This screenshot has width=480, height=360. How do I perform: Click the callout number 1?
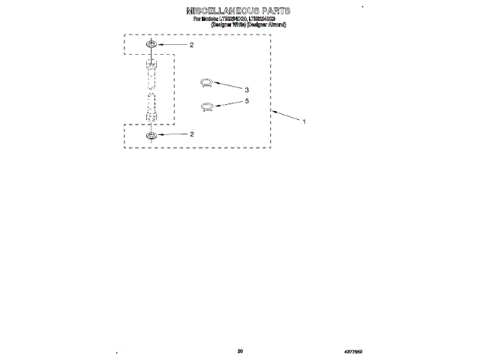(x=304, y=121)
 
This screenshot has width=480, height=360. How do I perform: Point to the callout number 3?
(x=246, y=90)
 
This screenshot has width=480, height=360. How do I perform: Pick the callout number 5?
(x=246, y=100)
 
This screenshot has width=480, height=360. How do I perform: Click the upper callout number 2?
(x=191, y=45)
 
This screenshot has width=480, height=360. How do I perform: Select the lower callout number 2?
(x=192, y=134)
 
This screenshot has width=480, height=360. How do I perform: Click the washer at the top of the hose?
(x=151, y=45)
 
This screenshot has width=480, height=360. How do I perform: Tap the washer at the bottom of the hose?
(x=151, y=135)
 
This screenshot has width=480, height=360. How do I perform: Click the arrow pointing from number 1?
(x=286, y=115)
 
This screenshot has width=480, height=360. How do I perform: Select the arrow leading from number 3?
(x=228, y=86)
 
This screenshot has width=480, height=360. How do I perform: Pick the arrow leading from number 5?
(x=229, y=103)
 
